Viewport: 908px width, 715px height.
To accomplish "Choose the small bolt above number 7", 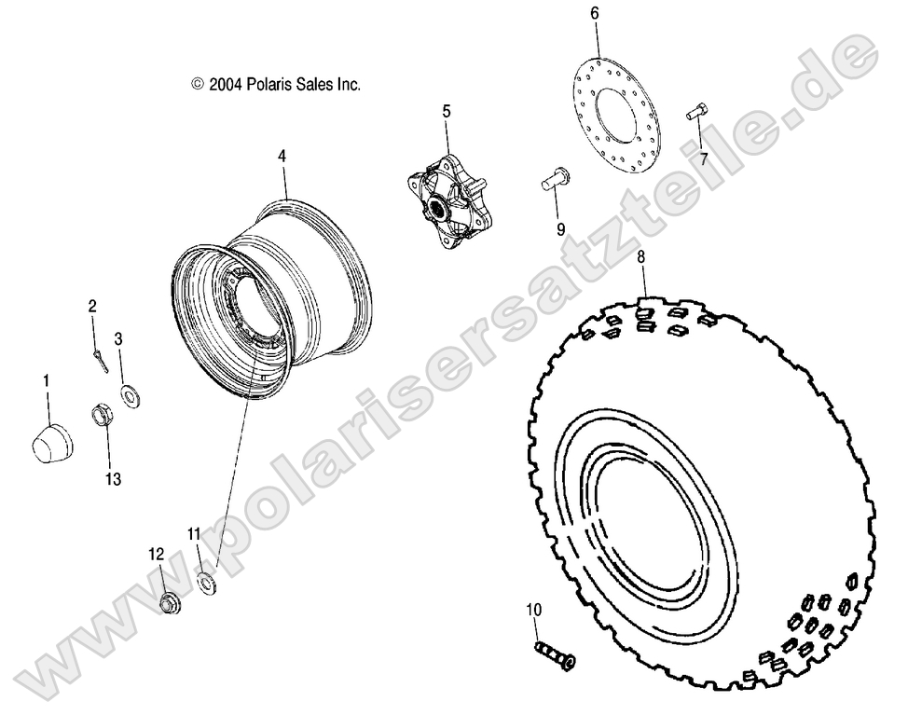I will tap(695, 113).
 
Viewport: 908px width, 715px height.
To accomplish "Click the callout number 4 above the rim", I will tap(282, 158).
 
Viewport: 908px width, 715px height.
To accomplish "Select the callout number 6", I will tap(594, 13).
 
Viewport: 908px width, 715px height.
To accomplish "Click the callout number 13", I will tap(113, 479).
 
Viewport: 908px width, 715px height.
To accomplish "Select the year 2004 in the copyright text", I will tap(227, 84).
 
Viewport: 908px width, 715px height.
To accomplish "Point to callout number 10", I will tap(532, 611).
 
